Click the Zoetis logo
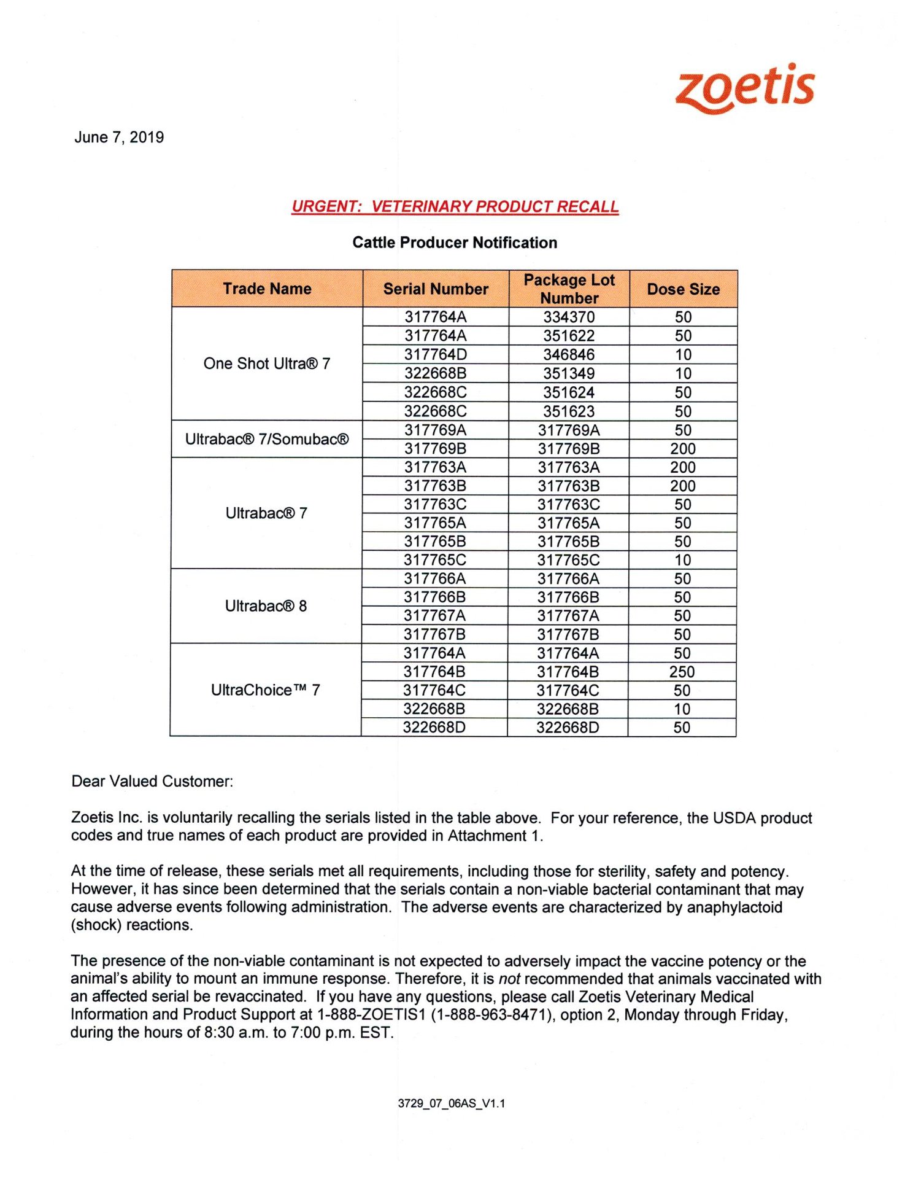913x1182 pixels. pos(745,88)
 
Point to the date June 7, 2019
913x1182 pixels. pos(119,137)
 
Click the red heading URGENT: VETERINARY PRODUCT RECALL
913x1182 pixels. pos(455,206)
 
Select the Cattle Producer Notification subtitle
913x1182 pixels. pos(455,243)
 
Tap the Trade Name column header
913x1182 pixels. pos(267,289)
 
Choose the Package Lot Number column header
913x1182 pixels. pos(569,289)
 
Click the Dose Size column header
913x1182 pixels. pos(683,289)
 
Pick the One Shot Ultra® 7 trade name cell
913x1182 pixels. pos(267,364)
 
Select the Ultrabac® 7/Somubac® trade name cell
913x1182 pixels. pos(267,439)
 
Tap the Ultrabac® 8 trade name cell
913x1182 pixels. pos(266,606)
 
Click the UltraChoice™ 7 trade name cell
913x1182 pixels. pos(265,690)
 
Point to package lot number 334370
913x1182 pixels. pos(569,317)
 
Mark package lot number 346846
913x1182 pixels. pos(569,354)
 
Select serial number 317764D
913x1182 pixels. pos(435,354)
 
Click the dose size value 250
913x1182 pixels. pos(682,672)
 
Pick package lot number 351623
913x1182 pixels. pos(569,411)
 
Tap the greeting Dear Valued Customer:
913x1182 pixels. pos(152,781)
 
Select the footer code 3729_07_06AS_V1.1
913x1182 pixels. pos(452,1103)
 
